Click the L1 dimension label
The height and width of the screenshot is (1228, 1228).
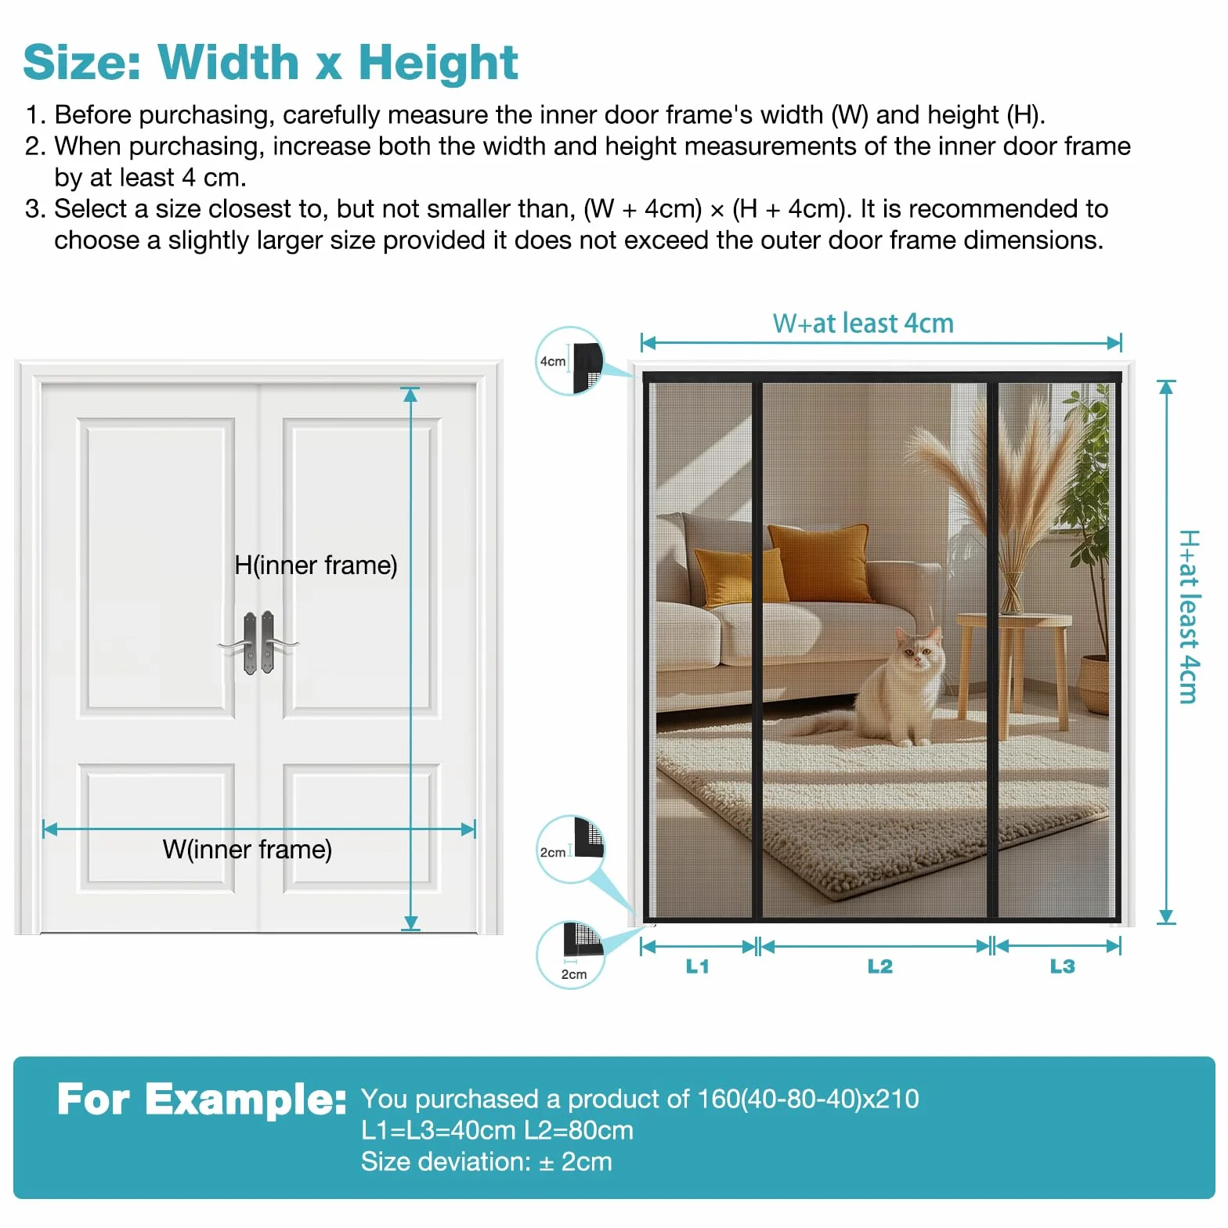coord(697,966)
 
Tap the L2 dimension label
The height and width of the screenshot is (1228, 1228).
coord(879,966)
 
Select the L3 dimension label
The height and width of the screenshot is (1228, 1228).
coord(1062,966)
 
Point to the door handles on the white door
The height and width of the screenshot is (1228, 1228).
coord(258,643)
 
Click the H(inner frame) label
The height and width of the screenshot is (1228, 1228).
coord(316,565)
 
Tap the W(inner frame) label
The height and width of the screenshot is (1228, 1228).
coord(247,849)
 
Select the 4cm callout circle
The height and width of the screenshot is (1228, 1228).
coord(570,361)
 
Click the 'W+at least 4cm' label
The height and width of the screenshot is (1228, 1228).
coord(863,323)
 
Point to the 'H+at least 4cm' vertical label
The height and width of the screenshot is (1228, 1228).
coord(1188,616)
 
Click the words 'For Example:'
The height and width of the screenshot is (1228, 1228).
coord(201,1099)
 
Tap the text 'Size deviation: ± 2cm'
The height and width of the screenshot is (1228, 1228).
coord(486,1161)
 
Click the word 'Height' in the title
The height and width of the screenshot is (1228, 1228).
coord(438,62)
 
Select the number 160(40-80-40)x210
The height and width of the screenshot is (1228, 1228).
coord(807,1099)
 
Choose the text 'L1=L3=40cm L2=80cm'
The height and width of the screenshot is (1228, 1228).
coord(497,1130)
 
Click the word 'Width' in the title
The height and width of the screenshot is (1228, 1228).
coord(228,62)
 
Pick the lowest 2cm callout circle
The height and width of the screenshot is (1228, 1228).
coord(570,955)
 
